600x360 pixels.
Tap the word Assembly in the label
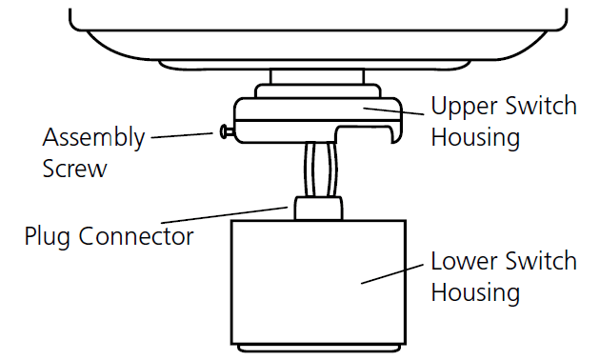[93, 137]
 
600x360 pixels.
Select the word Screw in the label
[76, 170]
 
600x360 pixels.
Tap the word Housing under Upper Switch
[475, 137]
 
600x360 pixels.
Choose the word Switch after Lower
[543, 260]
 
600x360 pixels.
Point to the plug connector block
[317, 208]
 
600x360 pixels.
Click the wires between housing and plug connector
[318, 167]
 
